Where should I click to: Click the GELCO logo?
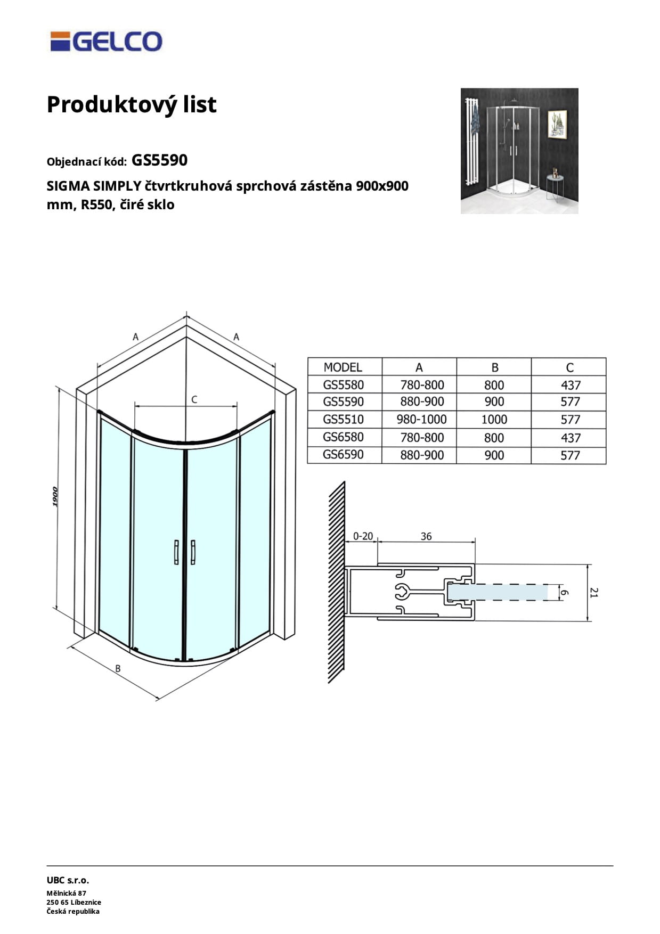106,42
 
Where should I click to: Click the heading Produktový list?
132,104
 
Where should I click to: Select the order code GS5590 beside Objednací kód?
159,160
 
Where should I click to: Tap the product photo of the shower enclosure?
519,151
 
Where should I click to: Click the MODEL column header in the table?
343,367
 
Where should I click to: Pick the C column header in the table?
569,367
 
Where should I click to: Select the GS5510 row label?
343,419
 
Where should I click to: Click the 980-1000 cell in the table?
421,420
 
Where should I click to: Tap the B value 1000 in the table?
494,420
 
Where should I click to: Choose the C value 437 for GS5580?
570,385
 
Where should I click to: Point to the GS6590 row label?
343,455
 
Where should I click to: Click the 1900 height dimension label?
56,497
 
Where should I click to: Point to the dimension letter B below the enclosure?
118,668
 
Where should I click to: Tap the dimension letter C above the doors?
194,399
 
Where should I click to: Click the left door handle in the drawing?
176,552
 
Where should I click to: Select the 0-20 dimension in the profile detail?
363,536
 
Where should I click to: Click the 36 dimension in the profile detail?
426,536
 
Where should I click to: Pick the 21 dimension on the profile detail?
594,592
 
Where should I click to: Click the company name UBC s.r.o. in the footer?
68,880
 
